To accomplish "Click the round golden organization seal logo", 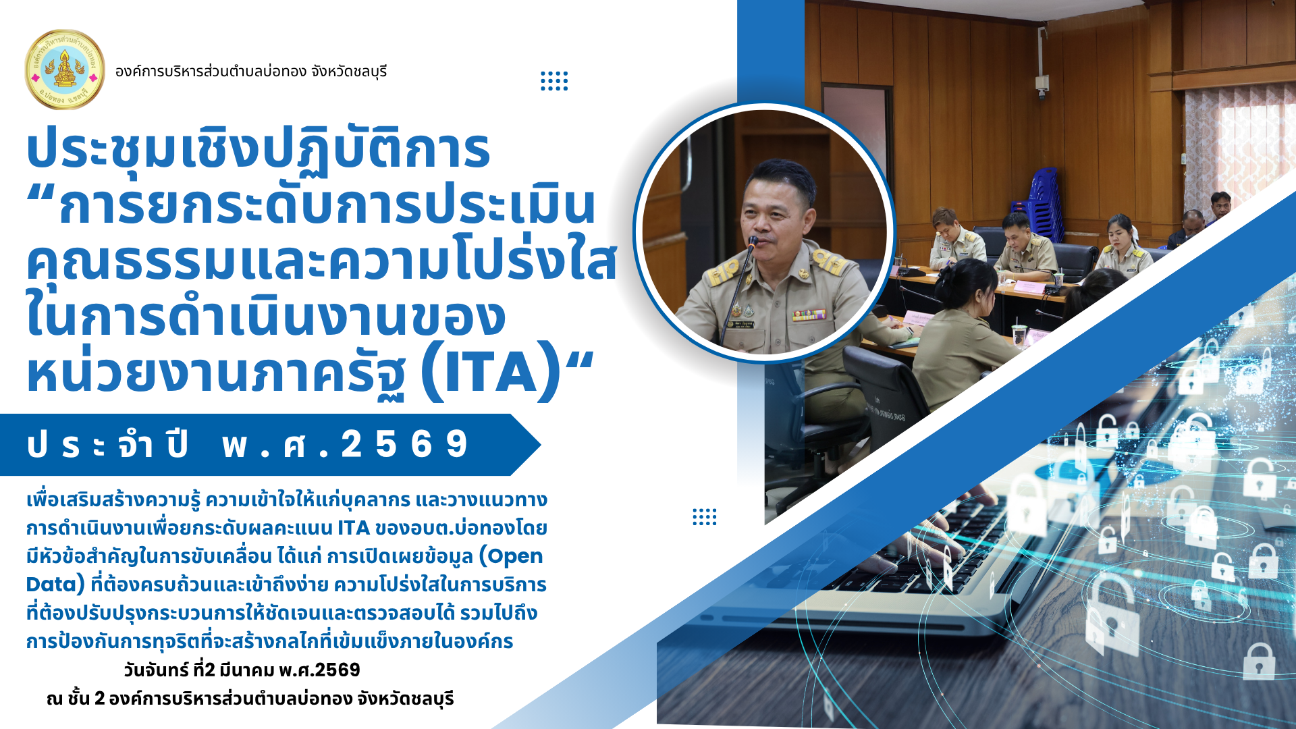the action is (x=65, y=70).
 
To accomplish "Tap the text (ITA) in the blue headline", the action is (x=491, y=372).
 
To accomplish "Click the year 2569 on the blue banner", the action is (x=404, y=445).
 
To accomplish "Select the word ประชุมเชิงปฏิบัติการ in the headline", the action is (x=258, y=150).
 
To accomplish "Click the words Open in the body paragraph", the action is (x=511, y=556).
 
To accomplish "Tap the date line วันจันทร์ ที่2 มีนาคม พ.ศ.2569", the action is (x=242, y=670).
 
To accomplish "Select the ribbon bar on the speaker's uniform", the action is (x=809, y=315).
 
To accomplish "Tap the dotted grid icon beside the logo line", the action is (x=554, y=81).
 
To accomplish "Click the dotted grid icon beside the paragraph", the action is (x=705, y=517).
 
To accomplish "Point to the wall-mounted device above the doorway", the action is (x=1043, y=84).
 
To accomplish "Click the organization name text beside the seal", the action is (x=251, y=72).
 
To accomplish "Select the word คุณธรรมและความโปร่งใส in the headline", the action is (x=321, y=262).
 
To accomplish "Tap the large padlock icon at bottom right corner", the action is (x=1259, y=661).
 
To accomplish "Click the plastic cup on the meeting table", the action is (x=1019, y=335).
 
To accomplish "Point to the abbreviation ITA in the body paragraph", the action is (x=354, y=528).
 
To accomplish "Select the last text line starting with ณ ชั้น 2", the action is (x=250, y=699).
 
